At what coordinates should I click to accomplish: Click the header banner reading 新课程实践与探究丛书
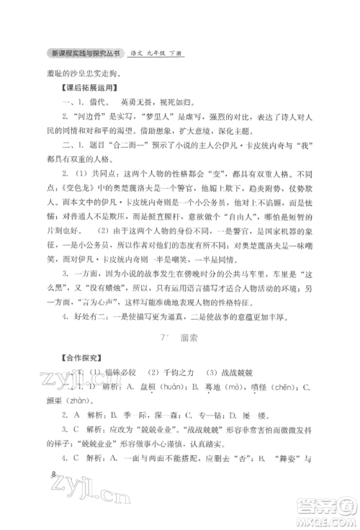click(x=85, y=54)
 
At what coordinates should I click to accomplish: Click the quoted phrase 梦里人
click(x=163, y=116)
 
